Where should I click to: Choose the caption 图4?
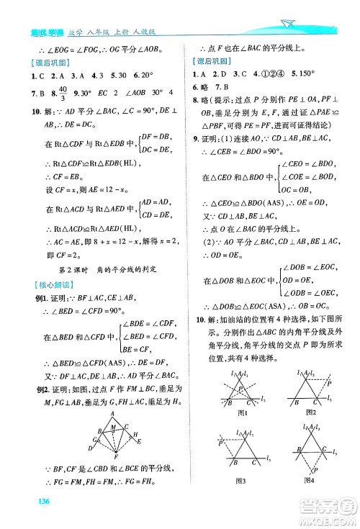click(310, 498)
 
